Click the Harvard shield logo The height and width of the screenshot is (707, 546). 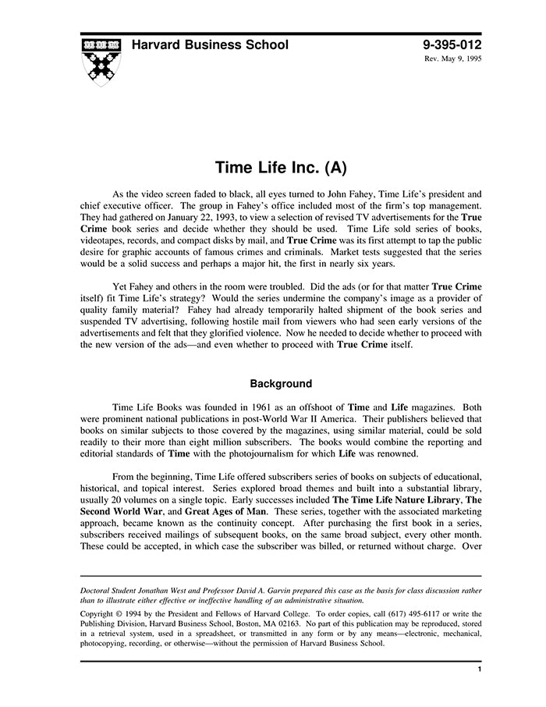click(x=101, y=59)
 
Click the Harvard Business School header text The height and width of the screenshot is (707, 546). click(x=210, y=45)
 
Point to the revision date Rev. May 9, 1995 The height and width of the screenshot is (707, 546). click(x=452, y=59)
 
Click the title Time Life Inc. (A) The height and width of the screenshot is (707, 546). click(x=280, y=168)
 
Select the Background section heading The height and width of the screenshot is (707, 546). click(x=281, y=384)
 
